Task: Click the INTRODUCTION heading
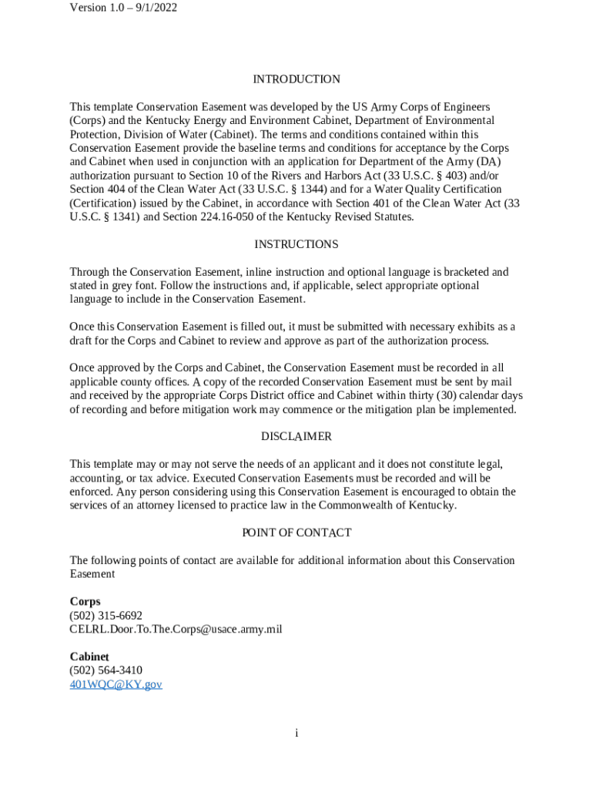pyautogui.click(x=296, y=79)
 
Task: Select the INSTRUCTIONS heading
pyautogui.click(x=296, y=244)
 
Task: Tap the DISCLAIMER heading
pyautogui.click(x=296, y=437)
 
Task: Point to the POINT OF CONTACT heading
pyautogui.click(x=296, y=533)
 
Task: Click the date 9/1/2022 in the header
pyautogui.click(x=151, y=8)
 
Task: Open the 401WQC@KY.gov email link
pyautogui.click(x=116, y=684)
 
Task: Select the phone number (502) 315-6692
pyautogui.click(x=106, y=616)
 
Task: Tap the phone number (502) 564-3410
pyautogui.click(x=106, y=670)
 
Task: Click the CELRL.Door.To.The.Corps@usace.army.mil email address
pyautogui.click(x=176, y=630)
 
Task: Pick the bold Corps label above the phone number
pyautogui.click(x=85, y=602)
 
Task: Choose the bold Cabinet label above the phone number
pyautogui.click(x=89, y=656)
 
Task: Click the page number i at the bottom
pyautogui.click(x=296, y=733)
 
